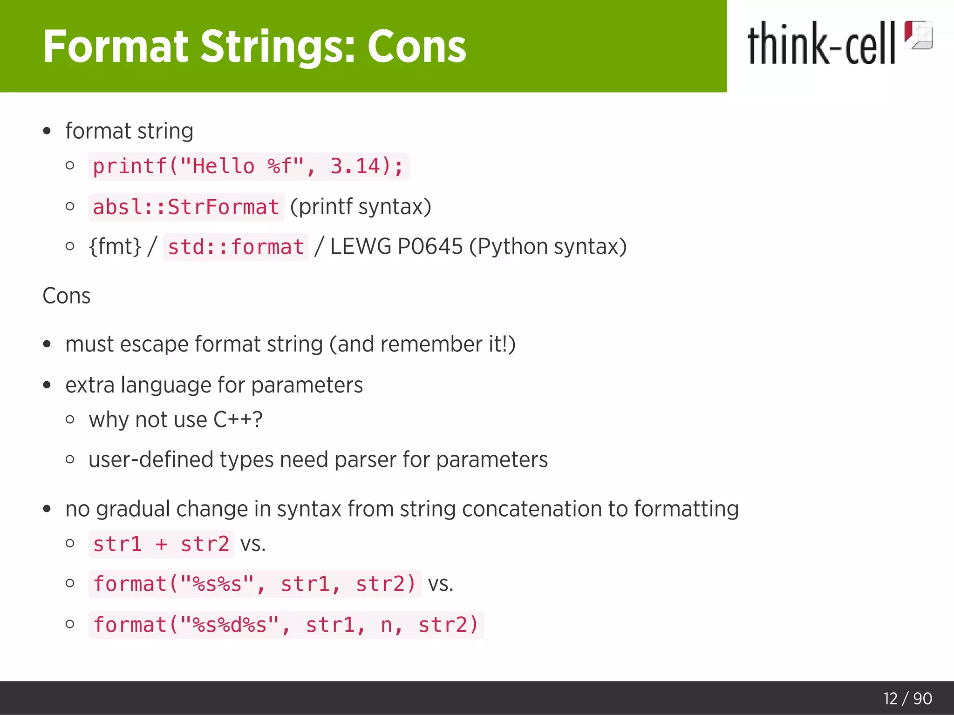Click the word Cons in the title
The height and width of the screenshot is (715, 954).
(416, 47)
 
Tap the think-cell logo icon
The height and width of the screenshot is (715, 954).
(918, 35)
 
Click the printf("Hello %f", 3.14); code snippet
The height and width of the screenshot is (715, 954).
(248, 166)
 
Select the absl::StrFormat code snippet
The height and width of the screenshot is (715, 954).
(186, 207)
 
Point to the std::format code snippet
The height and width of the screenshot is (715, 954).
(236, 247)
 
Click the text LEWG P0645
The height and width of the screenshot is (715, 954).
(396, 247)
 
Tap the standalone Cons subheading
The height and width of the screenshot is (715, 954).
(67, 296)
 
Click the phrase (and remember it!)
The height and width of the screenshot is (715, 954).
(422, 344)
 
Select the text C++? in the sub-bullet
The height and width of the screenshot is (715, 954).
(238, 419)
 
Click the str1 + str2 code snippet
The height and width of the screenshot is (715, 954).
(161, 544)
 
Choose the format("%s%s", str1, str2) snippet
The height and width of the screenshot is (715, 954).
(254, 584)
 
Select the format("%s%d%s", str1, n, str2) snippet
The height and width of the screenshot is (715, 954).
(286, 625)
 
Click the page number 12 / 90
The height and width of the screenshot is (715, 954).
(907, 699)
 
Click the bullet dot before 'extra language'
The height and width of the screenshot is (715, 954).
(47, 385)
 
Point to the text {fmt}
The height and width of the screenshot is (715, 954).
(115, 247)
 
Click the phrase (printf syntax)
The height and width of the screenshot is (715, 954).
(361, 207)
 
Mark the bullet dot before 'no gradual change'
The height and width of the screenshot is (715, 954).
(47, 509)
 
